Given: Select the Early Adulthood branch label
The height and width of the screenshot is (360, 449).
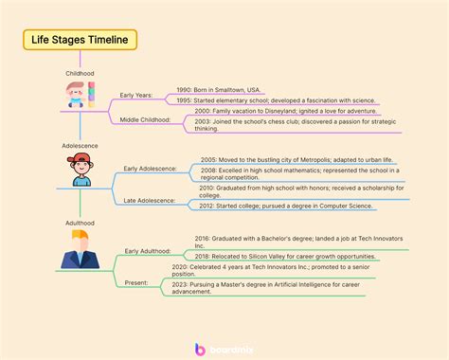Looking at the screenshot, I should click(x=148, y=251).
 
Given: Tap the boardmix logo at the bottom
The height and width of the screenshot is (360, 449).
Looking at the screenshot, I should click(x=225, y=349).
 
